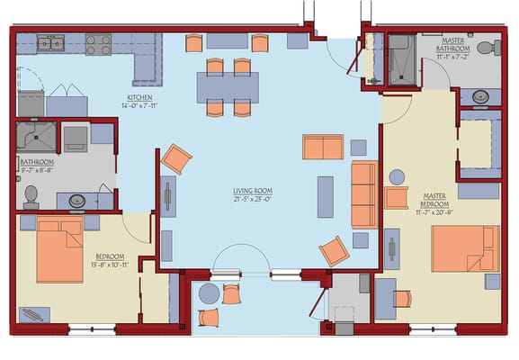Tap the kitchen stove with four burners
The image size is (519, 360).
click(x=98, y=44)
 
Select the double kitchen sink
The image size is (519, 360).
click(x=50, y=42)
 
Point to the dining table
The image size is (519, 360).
click(x=228, y=87)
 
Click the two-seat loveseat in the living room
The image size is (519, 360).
click(x=323, y=147)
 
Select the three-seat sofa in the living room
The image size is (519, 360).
click(x=364, y=193)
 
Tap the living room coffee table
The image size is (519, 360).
click(x=325, y=196)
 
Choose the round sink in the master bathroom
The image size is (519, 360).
click(x=480, y=96)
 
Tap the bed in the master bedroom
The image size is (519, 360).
click(x=464, y=248)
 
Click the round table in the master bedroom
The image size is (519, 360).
click(x=397, y=177)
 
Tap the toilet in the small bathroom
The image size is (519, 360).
click(x=31, y=195)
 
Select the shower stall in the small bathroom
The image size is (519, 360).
click(x=36, y=137)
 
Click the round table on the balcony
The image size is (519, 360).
click(x=208, y=293)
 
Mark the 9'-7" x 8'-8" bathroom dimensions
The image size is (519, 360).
click(x=36, y=169)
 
